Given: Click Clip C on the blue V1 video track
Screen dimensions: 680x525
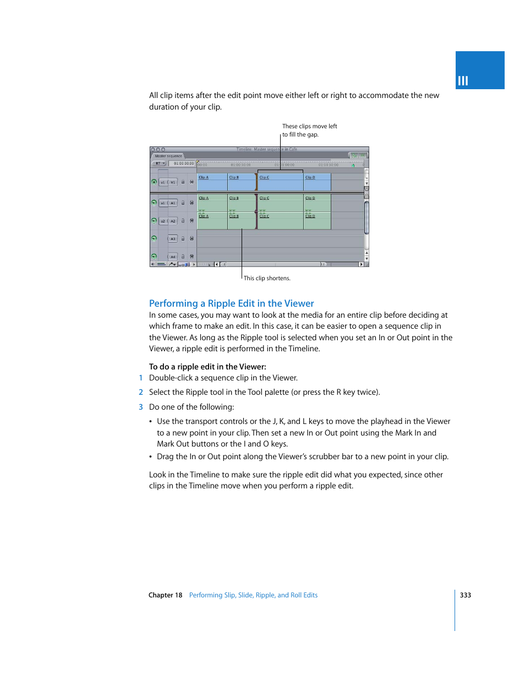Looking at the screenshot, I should [x=280, y=182].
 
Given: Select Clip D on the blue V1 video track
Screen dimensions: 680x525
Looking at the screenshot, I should [x=317, y=182].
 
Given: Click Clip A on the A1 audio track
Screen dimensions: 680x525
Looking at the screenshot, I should [x=212, y=202].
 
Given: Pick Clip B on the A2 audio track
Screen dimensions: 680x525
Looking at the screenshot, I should [x=242, y=221].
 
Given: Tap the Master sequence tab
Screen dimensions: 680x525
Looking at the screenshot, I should [x=168, y=156].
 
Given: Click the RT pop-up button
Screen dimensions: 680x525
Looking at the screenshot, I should [x=160, y=164].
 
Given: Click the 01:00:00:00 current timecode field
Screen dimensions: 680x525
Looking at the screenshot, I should [x=183, y=164].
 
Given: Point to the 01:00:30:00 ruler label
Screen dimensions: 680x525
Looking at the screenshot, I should [x=240, y=165].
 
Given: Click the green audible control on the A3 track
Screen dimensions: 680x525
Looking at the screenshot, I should [x=154, y=238].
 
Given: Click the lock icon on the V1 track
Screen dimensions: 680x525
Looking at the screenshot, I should [x=183, y=182].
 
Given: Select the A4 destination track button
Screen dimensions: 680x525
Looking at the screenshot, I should [x=173, y=257].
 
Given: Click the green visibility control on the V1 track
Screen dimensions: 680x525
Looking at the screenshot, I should [x=154, y=182].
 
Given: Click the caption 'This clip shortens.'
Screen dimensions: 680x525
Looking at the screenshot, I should [x=267, y=279].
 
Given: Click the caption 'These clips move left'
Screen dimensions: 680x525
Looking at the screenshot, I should [x=309, y=126].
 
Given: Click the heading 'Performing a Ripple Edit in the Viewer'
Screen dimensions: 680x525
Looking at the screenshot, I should [x=231, y=303].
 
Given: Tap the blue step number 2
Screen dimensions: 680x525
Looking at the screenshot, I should [x=141, y=392].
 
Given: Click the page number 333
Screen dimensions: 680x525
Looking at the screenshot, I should [x=466, y=595].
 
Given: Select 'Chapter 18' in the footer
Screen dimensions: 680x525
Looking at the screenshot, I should [x=165, y=595].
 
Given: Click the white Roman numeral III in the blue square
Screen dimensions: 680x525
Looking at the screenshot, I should [x=463, y=81].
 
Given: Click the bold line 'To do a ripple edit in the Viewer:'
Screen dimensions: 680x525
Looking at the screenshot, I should [x=207, y=367].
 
